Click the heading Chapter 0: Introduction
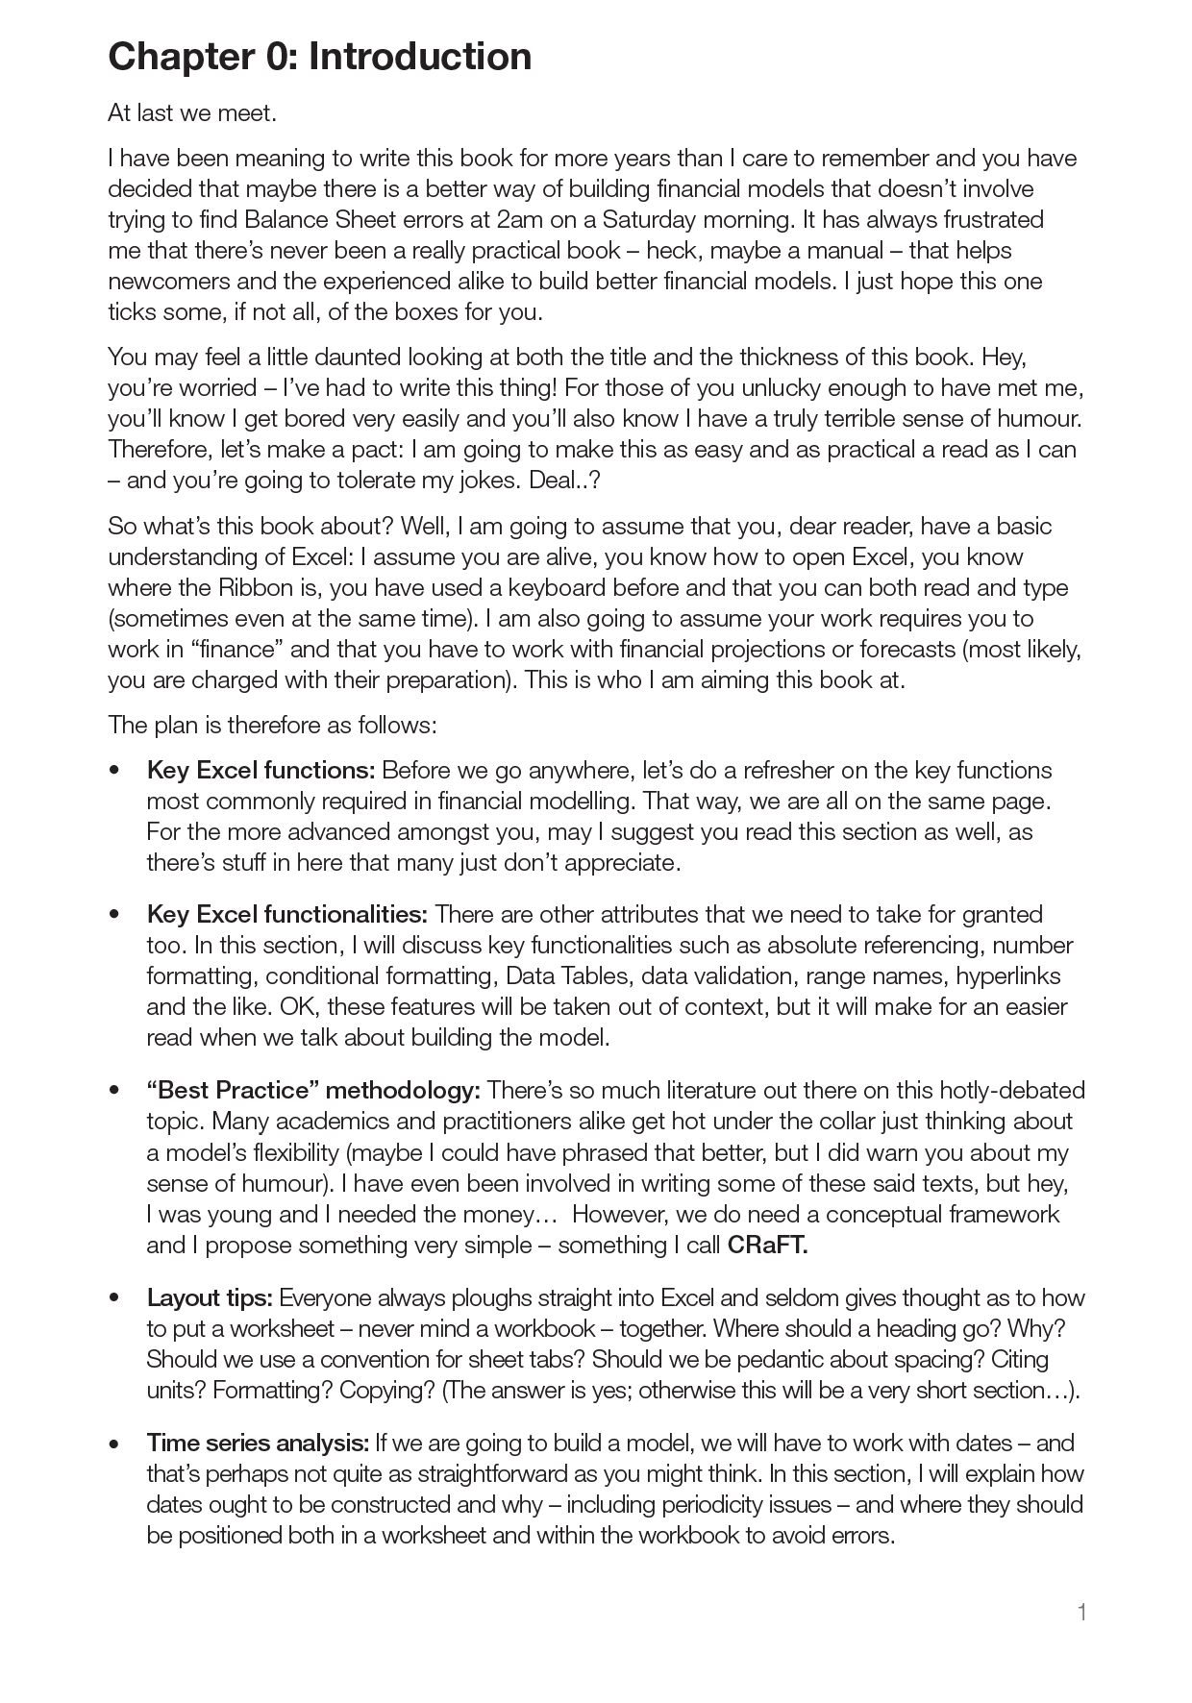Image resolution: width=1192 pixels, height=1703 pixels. (x=319, y=58)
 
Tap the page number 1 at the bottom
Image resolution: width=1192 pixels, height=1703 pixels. (x=1081, y=1612)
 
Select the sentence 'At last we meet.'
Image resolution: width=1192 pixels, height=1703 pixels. (x=192, y=113)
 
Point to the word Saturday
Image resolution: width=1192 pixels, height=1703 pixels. (x=649, y=220)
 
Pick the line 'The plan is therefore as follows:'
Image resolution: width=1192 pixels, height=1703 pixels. (x=272, y=725)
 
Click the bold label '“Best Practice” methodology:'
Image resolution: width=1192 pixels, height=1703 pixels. (x=313, y=1091)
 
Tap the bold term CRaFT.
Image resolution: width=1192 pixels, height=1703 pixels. (x=767, y=1246)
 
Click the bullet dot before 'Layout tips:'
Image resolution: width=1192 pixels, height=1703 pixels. (x=115, y=1299)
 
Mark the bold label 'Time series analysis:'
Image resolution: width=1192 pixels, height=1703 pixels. (x=258, y=1444)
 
